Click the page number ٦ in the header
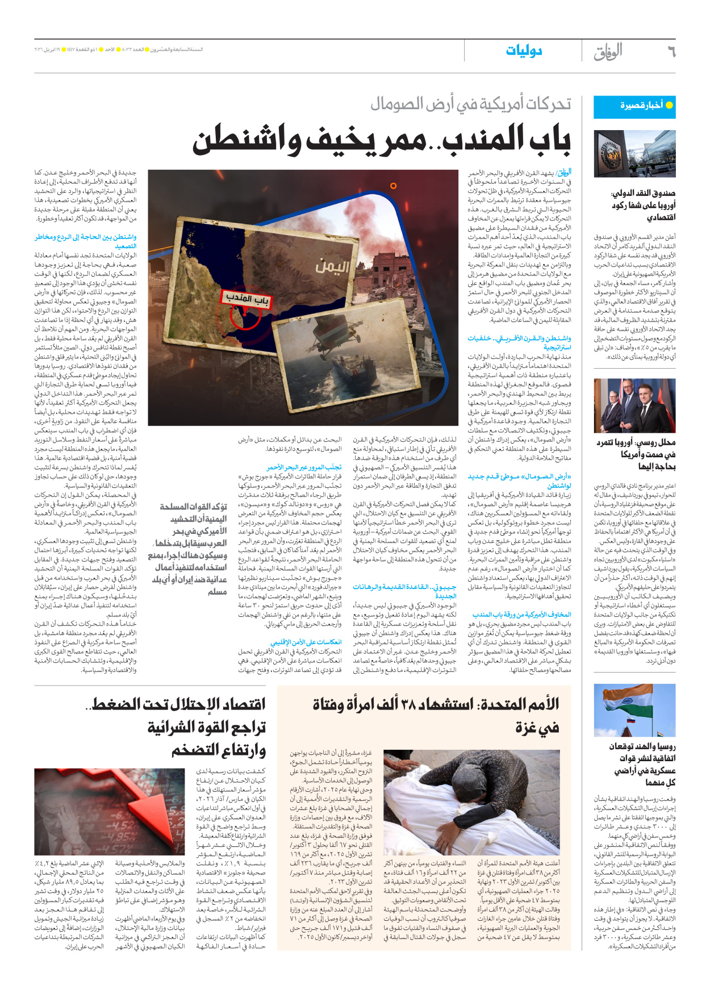671,52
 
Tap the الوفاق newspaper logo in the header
608,52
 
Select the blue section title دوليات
524,51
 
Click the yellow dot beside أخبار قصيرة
669,105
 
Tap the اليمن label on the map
332,266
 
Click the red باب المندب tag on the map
245,298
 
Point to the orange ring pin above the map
393,186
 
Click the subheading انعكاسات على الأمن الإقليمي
306,642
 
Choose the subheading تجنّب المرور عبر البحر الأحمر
304,468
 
